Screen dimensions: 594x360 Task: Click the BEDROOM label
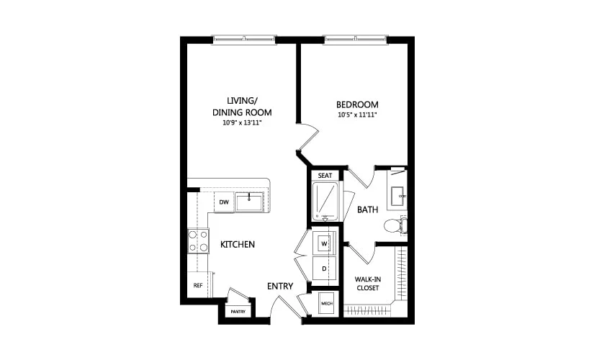(357, 104)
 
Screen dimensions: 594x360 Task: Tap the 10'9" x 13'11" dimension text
(242, 123)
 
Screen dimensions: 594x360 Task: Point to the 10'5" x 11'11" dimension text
(357, 114)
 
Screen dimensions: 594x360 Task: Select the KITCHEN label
(238, 244)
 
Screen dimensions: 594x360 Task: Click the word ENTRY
(280, 286)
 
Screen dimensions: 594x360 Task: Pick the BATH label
(367, 210)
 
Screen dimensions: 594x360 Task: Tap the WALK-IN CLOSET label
(367, 284)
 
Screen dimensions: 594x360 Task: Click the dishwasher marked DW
(224, 202)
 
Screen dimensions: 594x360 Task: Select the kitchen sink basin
(249, 202)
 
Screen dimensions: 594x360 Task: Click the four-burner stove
(198, 240)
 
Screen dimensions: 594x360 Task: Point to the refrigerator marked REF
(198, 285)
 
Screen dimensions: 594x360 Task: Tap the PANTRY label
(238, 312)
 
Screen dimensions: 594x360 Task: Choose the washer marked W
(324, 243)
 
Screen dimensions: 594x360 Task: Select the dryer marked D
(324, 269)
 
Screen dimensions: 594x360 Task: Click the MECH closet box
(327, 304)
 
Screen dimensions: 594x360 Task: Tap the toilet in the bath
(395, 226)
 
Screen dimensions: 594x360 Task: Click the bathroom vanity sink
(397, 196)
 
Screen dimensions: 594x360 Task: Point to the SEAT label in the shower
(325, 176)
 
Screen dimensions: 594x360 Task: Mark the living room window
(244, 38)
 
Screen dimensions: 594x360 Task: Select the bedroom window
(356, 38)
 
